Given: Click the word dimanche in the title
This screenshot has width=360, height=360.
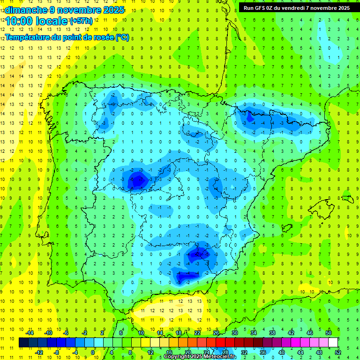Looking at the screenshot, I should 25,10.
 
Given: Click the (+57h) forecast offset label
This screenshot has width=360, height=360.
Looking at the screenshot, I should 81,21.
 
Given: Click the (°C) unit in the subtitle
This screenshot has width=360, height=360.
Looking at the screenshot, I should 122,37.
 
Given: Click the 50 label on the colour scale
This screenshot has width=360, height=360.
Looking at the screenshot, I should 329,332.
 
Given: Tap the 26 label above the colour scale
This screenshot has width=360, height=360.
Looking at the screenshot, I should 216,332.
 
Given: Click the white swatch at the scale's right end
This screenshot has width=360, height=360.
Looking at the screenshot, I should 333,343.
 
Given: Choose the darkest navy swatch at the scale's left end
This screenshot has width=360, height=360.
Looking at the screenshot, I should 24,343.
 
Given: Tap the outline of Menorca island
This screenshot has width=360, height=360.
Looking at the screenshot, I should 346,198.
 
